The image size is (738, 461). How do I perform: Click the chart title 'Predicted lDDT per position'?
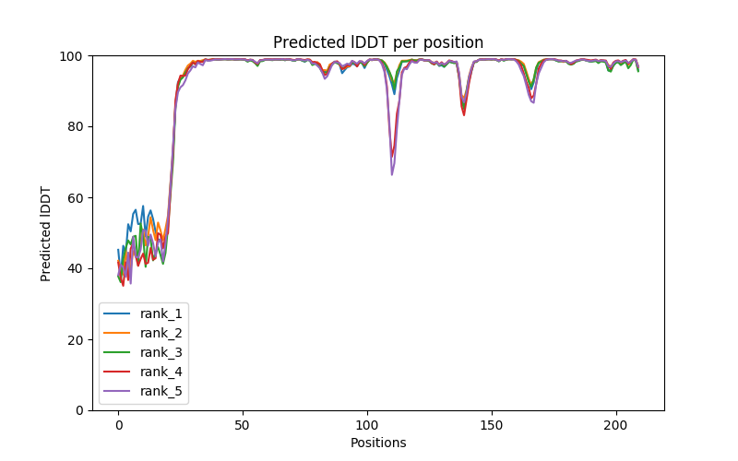[378, 42]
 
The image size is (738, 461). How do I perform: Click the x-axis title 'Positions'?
[378, 443]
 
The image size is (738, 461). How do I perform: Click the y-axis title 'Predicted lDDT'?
[46, 233]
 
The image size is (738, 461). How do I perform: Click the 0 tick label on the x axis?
[118, 424]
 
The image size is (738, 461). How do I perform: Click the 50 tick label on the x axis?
[243, 424]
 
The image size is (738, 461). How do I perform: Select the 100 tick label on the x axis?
[367, 424]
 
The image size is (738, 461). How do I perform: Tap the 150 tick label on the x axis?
[492, 424]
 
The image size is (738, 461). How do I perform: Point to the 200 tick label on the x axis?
[616, 424]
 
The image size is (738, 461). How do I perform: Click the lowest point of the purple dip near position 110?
[392, 174]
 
